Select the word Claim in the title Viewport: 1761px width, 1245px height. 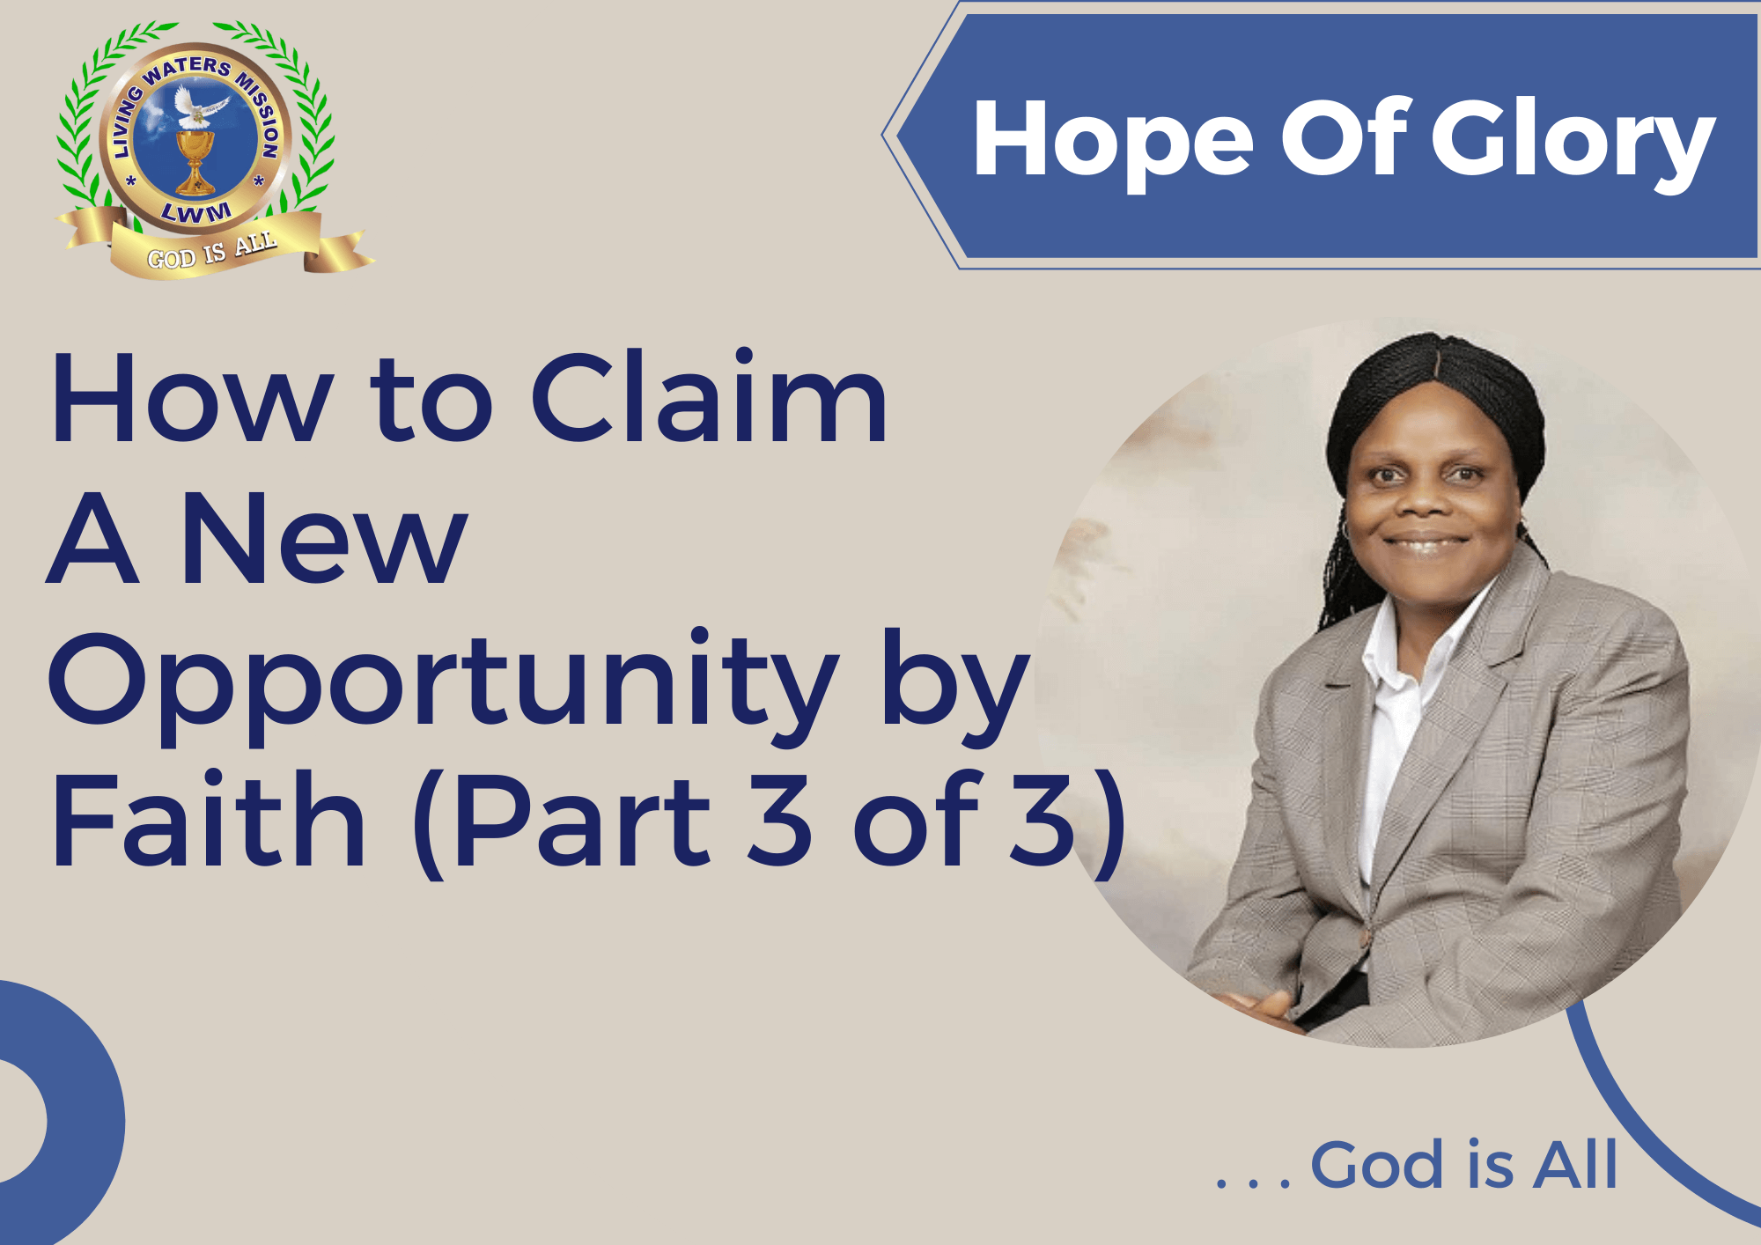tap(709, 397)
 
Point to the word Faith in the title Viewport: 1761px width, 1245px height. tap(208, 818)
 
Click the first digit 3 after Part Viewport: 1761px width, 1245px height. tap(780, 819)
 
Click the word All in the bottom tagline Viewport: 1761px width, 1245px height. tap(1575, 1164)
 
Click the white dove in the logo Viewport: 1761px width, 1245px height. tap(199, 106)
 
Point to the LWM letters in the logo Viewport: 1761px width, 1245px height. tap(195, 212)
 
